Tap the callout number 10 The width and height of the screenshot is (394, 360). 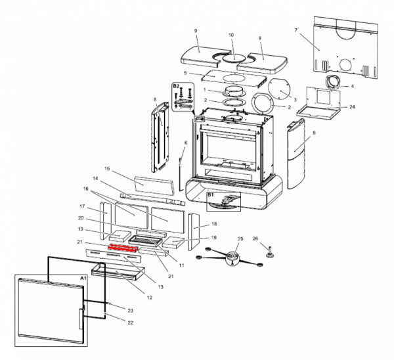pyautogui.click(x=230, y=35)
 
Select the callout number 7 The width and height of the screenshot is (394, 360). pyautogui.click(x=296, y=30)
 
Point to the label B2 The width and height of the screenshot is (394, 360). pyautogui.click(x=176, y=86)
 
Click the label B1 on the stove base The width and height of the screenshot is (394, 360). pyautogui.click(x=211, y=195)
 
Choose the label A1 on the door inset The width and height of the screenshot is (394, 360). pyautogui.click(x=83, y=279)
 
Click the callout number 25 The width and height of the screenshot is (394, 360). pyautogui.click(x=240, y=238)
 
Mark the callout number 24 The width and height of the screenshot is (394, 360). pyautogui.click(x=352, y=106)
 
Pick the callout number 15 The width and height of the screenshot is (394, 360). pyautogui.click(x=108, y=169)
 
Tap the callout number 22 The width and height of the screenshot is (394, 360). pyautogui.click(x=130, y=322)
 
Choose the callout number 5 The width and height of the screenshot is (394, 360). pyautogui.click(x=186, y=73)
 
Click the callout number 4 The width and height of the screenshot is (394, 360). pyautogui.click(x=352, y=86)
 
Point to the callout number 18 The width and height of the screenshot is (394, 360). pyautogui.click(x=214, y=224)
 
